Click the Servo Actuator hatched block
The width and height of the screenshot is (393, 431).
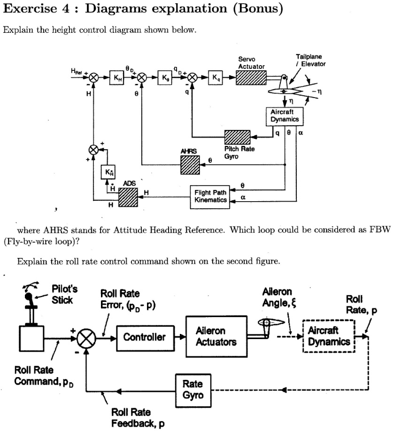click(x=251, y=78)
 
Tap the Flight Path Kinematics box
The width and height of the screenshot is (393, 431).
click(x=210, y=196)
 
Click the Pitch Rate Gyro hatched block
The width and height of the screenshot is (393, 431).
click(x=239, y=137)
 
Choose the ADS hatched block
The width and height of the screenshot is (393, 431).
click(x=127, y=197)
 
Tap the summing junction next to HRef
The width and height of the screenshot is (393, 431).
click(x=93, y=78)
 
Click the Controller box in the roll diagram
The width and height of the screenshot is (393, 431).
click(x=144, y=337)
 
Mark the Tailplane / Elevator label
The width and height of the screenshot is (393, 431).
click(x=308, y=60)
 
